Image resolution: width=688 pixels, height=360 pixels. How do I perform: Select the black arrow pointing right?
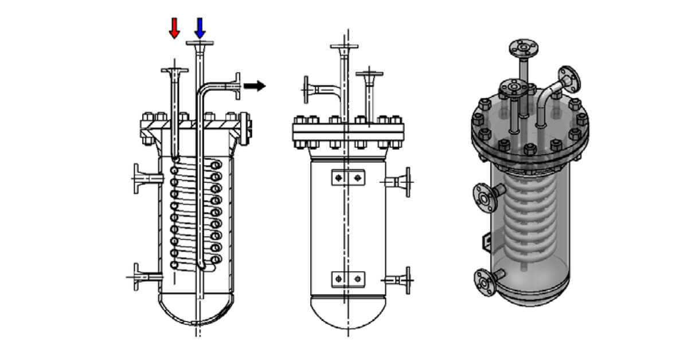click(255, 86)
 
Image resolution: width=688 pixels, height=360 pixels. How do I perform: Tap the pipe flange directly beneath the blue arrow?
click(200, 44)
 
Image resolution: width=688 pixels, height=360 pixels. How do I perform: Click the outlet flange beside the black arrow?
click(236, 86)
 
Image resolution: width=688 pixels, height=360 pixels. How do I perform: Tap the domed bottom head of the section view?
click(196, 310)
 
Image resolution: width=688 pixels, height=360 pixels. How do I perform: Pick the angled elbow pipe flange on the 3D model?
click(570, 80)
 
